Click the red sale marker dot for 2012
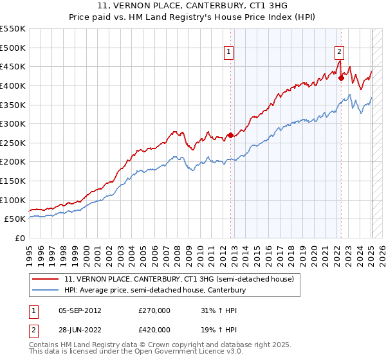(x=230, y=135)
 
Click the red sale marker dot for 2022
(x=342, y=78)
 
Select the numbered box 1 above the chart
(x=228, y=53)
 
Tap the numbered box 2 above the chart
(x=339, y=53)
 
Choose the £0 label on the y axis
(x=21, y=239)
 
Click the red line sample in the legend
(x=46, y=280)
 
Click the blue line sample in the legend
(x=46, y=291)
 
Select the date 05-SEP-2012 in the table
(x=80, y=310)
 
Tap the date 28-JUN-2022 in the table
(x=80, y=329)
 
